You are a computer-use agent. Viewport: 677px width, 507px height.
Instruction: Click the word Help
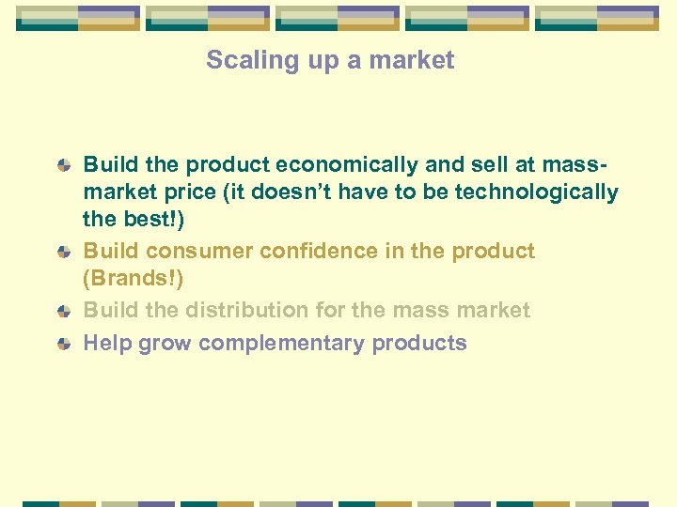click(107, 344)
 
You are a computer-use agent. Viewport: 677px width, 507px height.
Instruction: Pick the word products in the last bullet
click(419, 344)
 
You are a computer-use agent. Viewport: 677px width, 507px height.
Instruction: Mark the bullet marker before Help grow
click(64, 345)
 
